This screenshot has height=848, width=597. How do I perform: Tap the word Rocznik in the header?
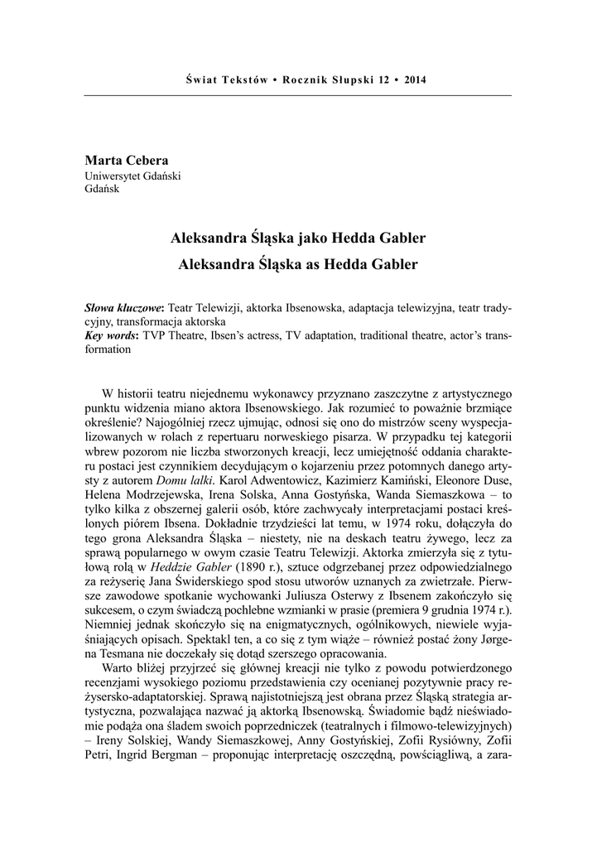tap(306, 80)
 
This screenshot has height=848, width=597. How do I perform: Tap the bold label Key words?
tap(113, 335)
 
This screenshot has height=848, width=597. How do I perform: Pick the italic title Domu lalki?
tap(180, 479)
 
